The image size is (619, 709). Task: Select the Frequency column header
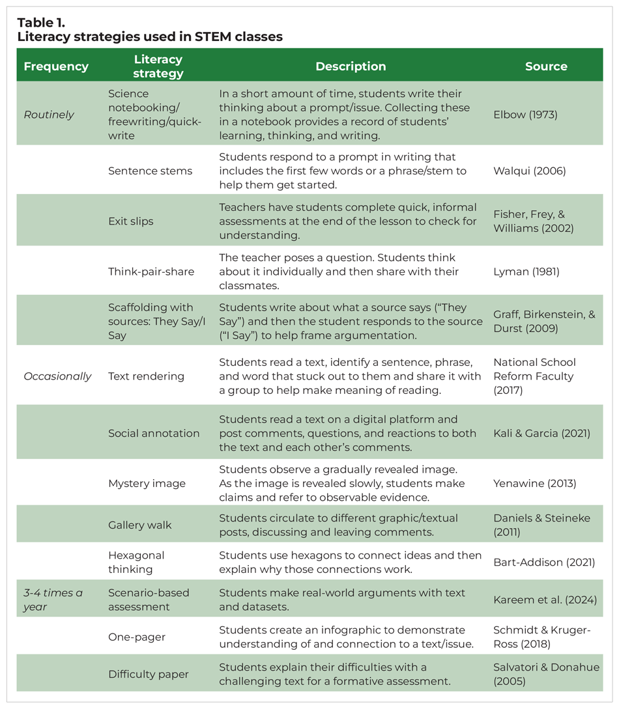point(56,66)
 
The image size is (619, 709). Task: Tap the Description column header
point(351,66)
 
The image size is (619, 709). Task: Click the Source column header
point(546,66)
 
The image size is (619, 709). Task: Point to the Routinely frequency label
point(49,115)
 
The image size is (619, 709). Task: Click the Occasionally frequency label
point(57,376)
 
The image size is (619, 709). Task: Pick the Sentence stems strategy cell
point(150,171)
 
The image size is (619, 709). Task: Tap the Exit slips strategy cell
point(131,221)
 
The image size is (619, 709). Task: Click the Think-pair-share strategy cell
point(151,271)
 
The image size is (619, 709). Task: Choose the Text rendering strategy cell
point(146,376)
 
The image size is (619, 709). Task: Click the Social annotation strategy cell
point(154,433)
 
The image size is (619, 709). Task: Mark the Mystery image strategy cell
point(147,483)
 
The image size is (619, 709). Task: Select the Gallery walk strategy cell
point(139,525)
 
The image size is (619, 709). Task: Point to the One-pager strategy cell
point(136,637)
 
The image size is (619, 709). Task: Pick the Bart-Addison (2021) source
point(544,562)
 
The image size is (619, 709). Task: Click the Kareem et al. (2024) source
point(545,600)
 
